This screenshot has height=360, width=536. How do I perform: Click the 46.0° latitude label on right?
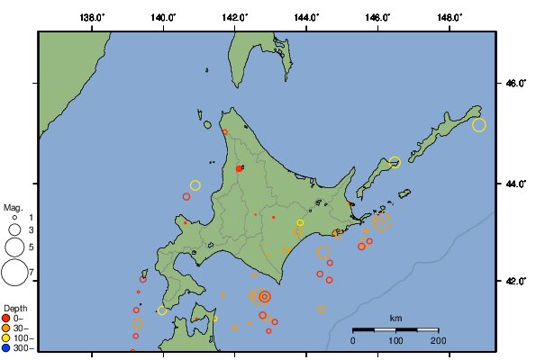pyautogui.click(x=513, y=84)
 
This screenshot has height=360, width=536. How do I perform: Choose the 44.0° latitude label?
pyautogui.click(x=513, y=184)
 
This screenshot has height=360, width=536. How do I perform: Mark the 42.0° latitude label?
pyautogui.click(x=513, y=281)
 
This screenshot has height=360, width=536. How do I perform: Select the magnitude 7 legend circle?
pyautogui.click(x=14, y=272)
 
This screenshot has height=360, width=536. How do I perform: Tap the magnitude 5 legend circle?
pyautogui.click(x=14, y=246)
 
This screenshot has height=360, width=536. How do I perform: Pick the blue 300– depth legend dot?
pyautogui.click(x=6, y=347)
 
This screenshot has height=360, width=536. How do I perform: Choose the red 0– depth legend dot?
pyautogui.click(x=6, y=318)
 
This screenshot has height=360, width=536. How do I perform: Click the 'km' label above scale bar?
pyautogui.click(x=395, y=319)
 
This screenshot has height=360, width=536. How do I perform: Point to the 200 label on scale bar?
pyautogui.click(x=438, y=341)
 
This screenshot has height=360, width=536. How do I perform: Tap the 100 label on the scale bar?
pyautogui.click(x=395, y=341)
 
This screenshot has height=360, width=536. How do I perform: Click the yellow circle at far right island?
pyautogui.click(x=479, y=125)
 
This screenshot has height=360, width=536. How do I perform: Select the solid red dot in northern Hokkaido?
pyautogui.click(x=239, y=168)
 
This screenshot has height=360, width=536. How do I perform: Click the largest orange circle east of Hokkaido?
pyautogui.click(x=381, y=221)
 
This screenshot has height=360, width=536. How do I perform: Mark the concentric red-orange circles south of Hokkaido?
pyautogui.click(x=264, y=296)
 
